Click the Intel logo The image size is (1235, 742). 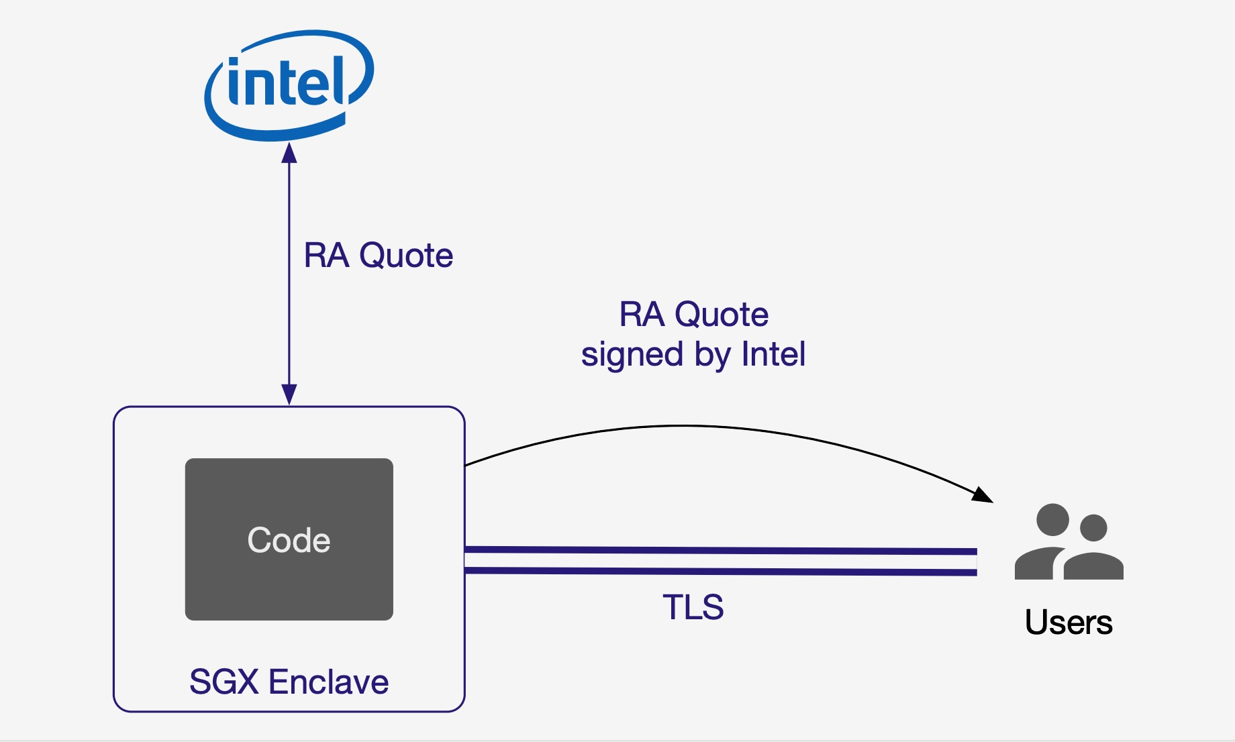coord(289,84)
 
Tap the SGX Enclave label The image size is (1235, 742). coord(289,682)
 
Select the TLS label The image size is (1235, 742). coord(693,607)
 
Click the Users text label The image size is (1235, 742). coord(1069,623)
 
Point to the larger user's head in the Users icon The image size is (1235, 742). coord(1052,520)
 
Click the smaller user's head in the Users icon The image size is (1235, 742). coord(1093,528)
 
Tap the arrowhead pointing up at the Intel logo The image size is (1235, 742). coord(289,153)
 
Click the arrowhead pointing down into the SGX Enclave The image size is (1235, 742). coord(289,394)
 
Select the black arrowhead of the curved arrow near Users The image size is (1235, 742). coord(983,495)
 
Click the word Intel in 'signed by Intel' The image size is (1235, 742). coord(773,354)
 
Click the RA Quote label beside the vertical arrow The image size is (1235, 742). coord(378,256)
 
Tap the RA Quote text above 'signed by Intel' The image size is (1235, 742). coord(693,314)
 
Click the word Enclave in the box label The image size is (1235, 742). coord(328,682)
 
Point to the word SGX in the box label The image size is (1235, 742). coord(224,682)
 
